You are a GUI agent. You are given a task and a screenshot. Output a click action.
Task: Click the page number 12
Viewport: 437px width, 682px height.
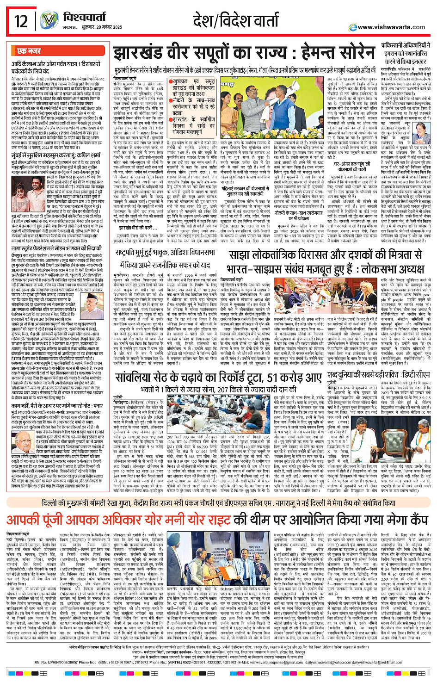click(21, 21)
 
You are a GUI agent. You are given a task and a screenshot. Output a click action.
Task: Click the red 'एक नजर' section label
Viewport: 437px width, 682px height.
click(29, 51)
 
